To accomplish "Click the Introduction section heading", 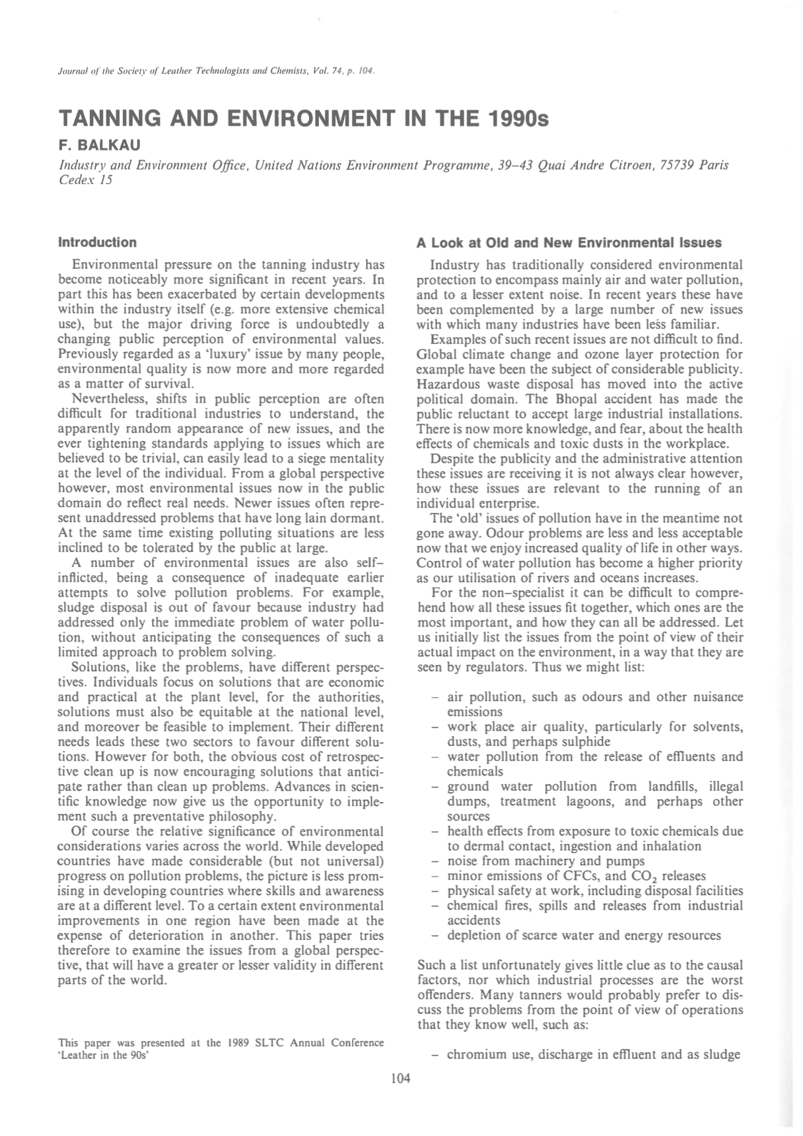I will click(97, 242).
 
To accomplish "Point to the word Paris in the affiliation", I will click(713, 165).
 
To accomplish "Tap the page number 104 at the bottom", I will click(400, 1079).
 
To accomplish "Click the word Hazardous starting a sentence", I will click(446, 384).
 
